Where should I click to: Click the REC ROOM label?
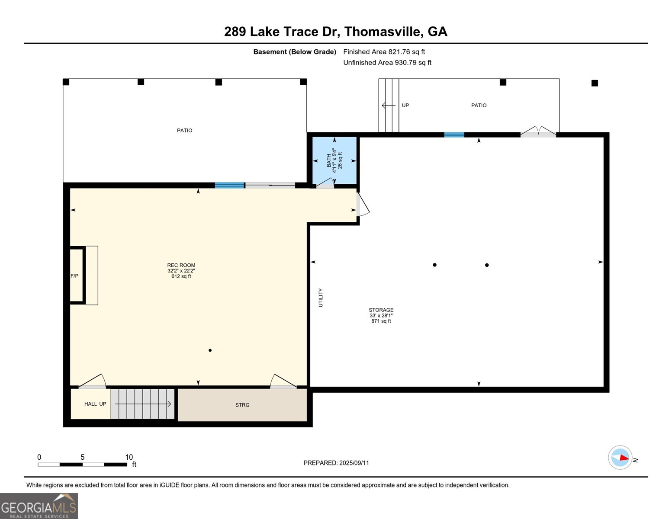(181, 266)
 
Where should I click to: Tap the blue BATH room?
(334, 160)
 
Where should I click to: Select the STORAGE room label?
(381, 310)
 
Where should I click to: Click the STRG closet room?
(242, 405)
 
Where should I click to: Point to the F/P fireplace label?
(75, 276)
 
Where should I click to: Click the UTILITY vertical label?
(321, 298)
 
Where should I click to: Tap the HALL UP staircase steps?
(142, 404)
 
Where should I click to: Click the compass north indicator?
(621, 458)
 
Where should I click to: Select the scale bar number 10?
(129, 457)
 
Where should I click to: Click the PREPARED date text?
(336, 463)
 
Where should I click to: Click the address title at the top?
(335, 32)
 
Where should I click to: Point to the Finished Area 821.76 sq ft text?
(384, 52)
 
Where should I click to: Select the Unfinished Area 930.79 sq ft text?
(387, 63)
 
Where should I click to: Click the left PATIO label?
(184, 130)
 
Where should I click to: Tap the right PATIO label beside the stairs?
(479, 105)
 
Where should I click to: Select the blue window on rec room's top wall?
(229, 185)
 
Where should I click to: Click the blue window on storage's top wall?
(454, 135)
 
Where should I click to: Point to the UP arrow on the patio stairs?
(388, 105)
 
